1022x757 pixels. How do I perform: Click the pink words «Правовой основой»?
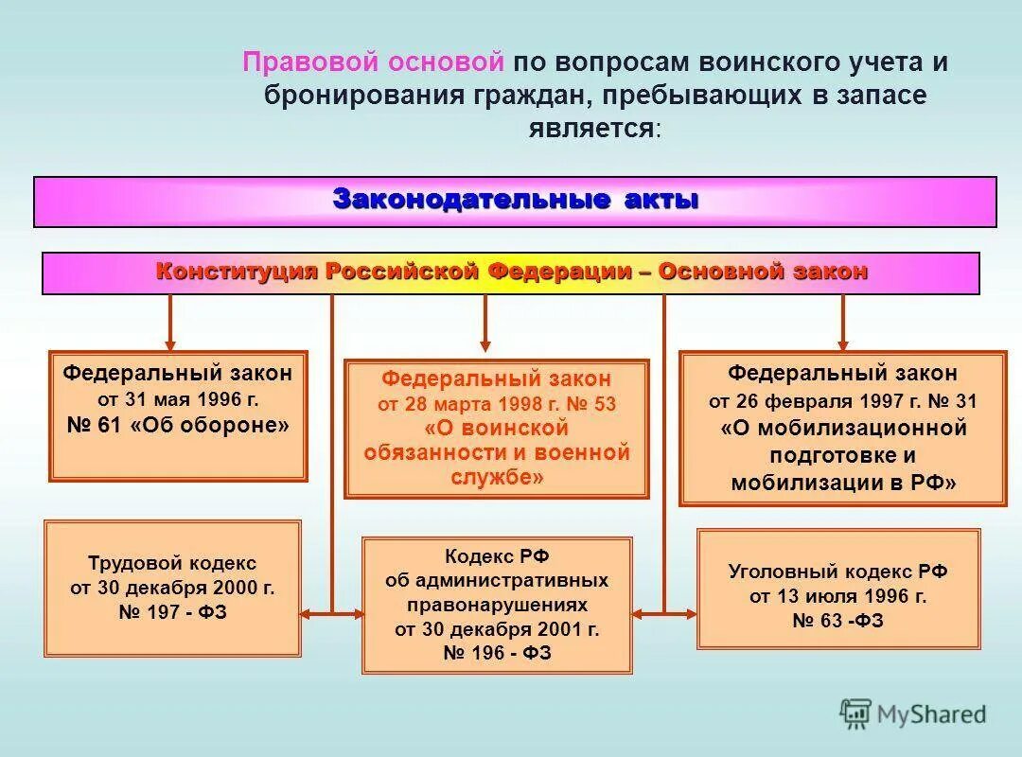373,63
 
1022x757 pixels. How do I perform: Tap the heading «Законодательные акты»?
516,201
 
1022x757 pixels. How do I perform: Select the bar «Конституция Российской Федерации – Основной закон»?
511,273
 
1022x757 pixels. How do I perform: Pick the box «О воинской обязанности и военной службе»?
497,428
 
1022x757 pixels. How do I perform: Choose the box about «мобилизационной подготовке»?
843,428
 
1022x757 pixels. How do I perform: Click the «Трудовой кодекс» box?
172,588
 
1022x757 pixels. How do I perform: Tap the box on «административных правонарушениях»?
497,605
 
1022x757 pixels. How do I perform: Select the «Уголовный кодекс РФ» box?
838,588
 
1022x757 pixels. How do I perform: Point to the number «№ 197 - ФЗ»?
172,613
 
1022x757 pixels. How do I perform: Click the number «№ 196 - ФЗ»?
497,654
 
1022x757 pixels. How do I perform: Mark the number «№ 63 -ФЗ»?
838,621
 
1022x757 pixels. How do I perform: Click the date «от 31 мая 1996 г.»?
178,398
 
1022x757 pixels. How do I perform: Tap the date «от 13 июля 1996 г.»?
838,596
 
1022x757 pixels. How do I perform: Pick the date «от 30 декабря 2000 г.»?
172,588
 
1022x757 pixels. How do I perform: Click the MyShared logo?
913,713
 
